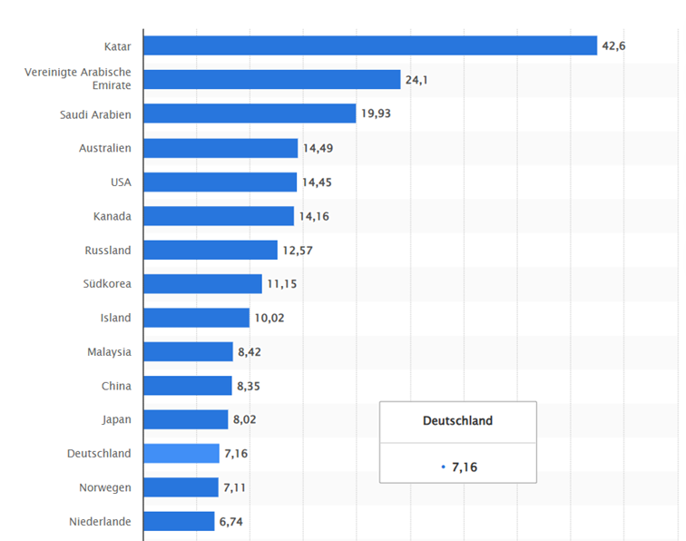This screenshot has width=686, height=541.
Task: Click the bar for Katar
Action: click(370, 45)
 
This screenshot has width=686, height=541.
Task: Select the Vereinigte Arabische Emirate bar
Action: click(272, 80)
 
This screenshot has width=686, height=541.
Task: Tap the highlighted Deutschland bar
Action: click(181, 453)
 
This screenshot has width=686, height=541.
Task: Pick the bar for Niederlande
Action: click(180, 521)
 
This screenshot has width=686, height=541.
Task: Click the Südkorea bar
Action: click(202, 283)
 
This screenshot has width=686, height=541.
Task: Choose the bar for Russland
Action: click(211, 250)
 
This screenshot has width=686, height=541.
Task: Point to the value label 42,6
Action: click(613, 45)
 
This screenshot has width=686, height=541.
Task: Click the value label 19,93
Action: click(377, 113)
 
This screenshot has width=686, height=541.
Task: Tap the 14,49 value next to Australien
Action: click(318, 148)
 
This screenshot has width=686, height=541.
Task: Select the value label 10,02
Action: click(269, 318)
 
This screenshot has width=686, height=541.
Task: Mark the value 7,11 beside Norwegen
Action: click(234, 487)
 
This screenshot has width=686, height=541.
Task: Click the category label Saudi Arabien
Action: click(95, 114)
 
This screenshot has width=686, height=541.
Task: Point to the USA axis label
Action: click(121, 182)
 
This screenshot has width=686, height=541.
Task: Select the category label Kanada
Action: click(112, 216)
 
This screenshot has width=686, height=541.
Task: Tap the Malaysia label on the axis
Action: click(109, 351)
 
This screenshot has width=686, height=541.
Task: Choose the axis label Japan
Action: click(116, 419)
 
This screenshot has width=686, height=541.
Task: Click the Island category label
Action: click(115, 318)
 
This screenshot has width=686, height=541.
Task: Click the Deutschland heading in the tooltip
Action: click(457, 421)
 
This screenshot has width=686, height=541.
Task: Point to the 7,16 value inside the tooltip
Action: click(464, 467)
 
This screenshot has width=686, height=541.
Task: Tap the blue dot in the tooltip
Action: click(443, 467)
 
